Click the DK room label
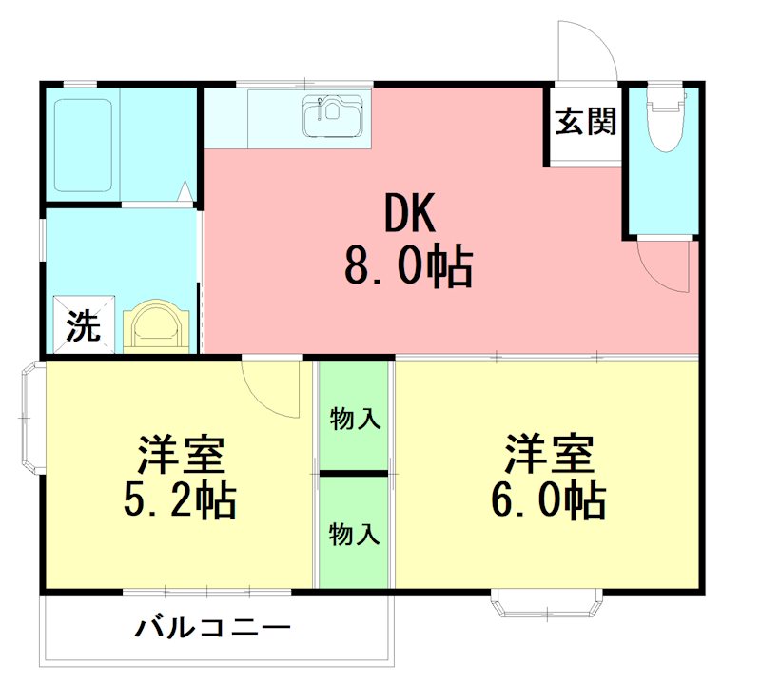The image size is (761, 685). click(410, 215)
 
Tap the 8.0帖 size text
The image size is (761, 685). click(408, 268)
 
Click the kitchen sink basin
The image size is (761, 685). click(335, 119)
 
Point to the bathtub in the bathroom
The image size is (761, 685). click(84, 143)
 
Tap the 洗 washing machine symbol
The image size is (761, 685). click(83, 326)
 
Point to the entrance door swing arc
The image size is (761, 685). click(586, 52)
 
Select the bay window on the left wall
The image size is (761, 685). click(30, 416)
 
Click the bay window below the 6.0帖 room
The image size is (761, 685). click(547, 603)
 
